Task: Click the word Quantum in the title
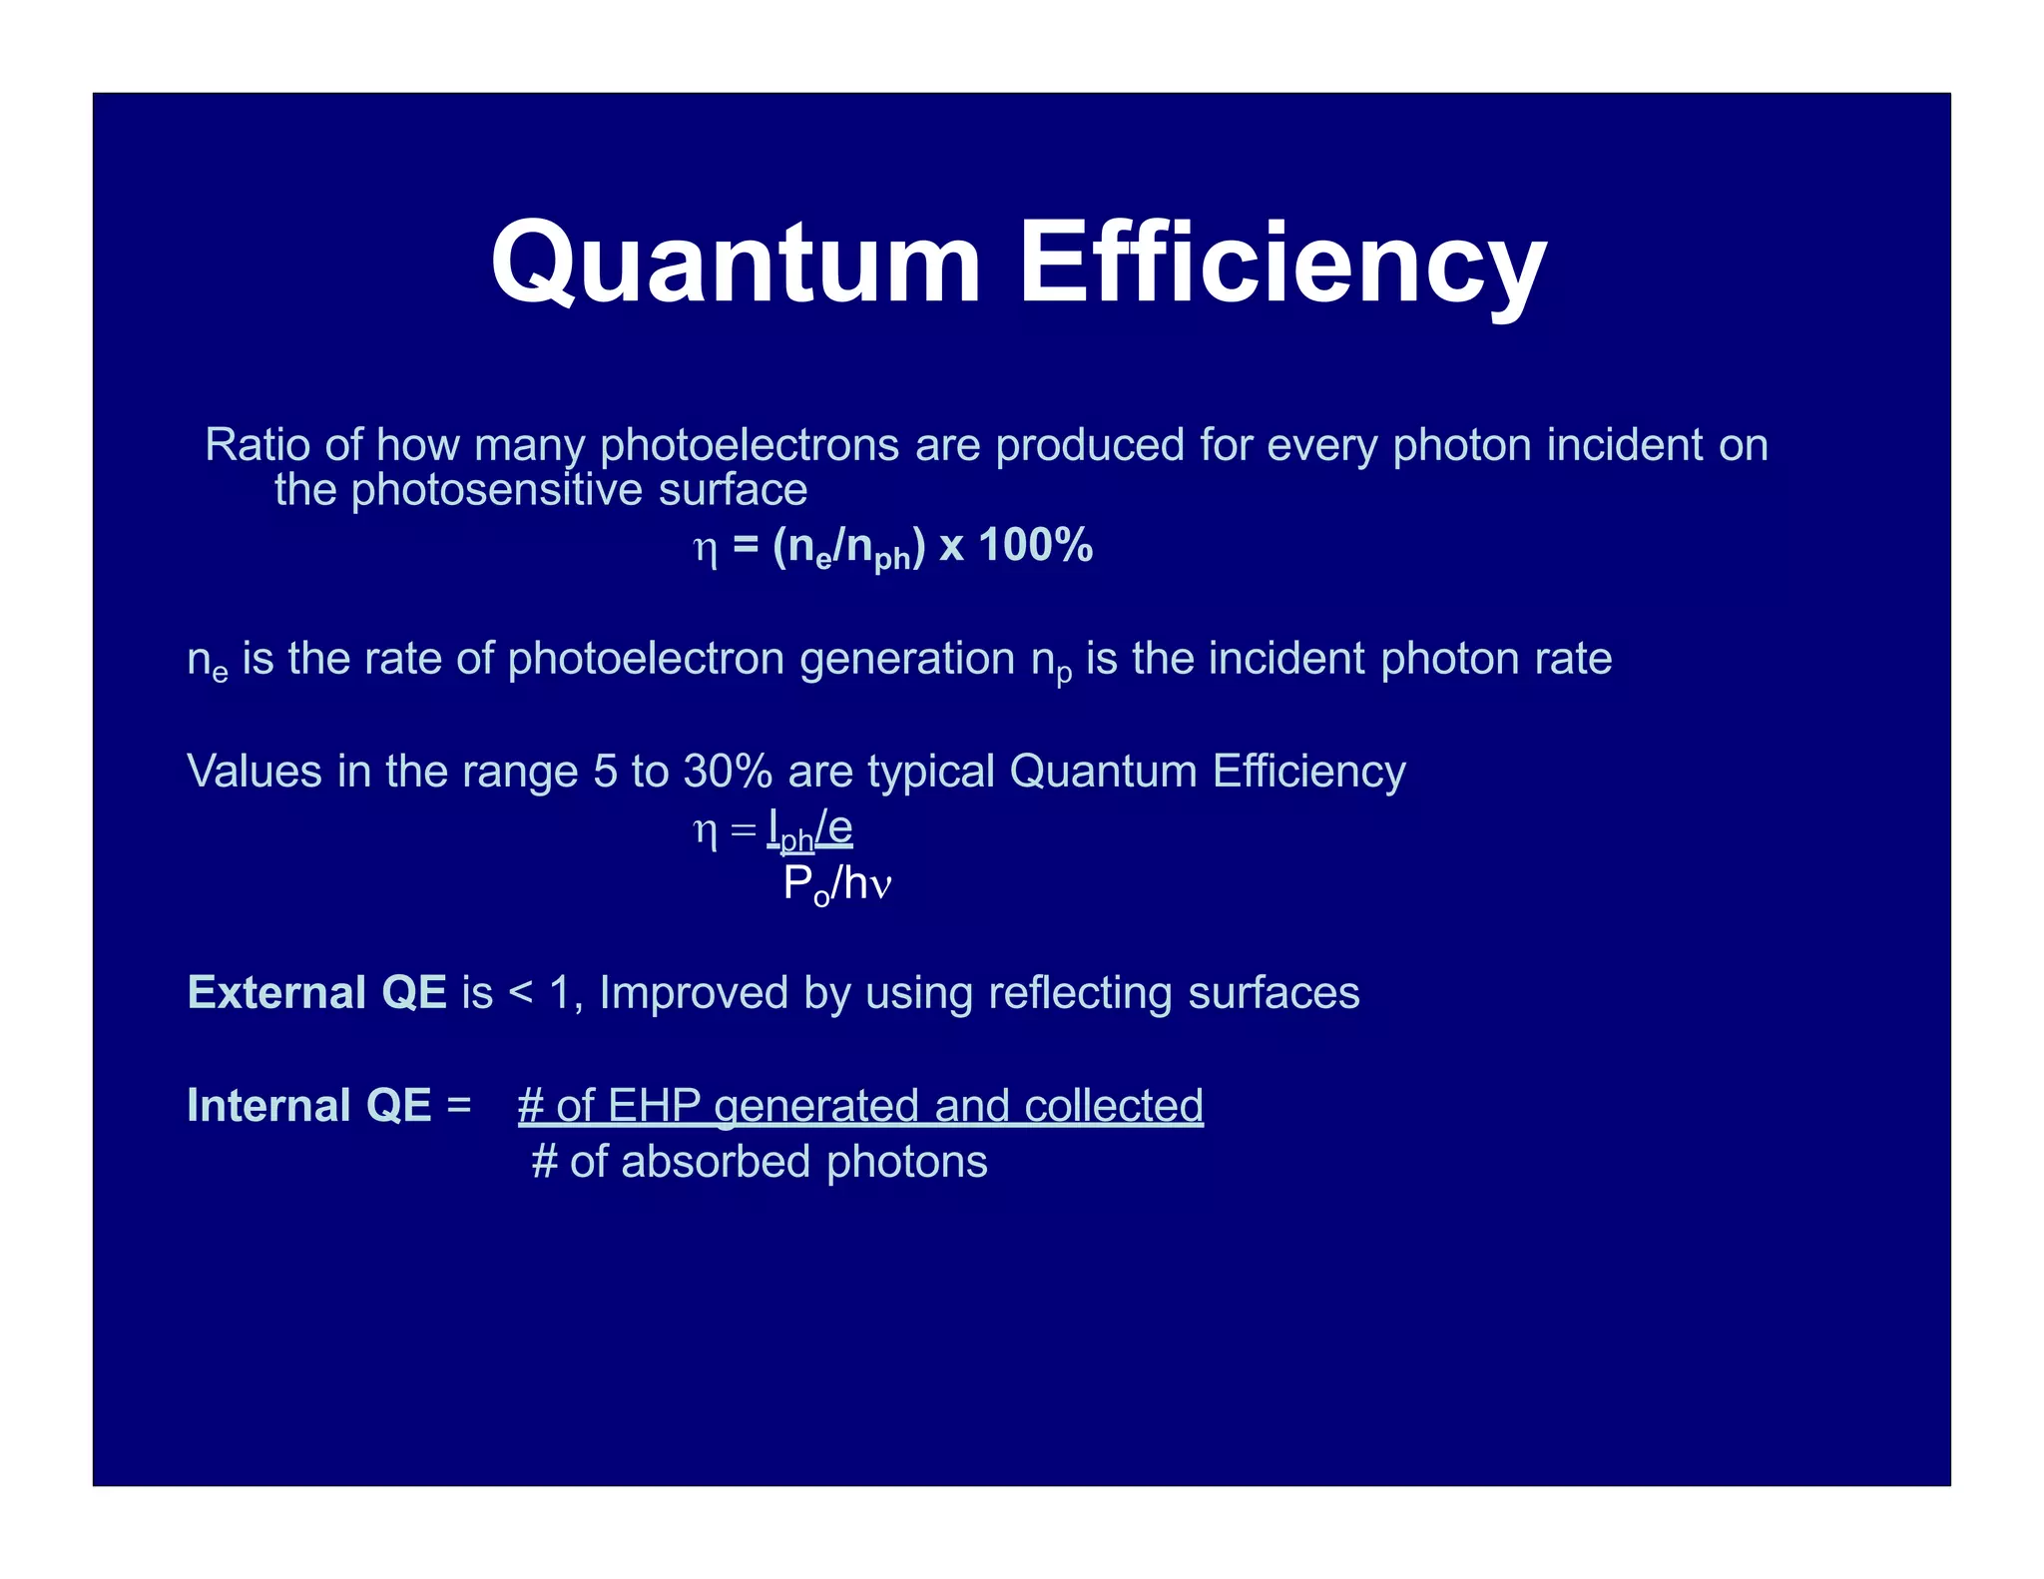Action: (736, 263)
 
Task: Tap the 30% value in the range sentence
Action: (728, 772)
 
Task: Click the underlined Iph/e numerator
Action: (809, 828)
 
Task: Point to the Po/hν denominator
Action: (836, 884)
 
